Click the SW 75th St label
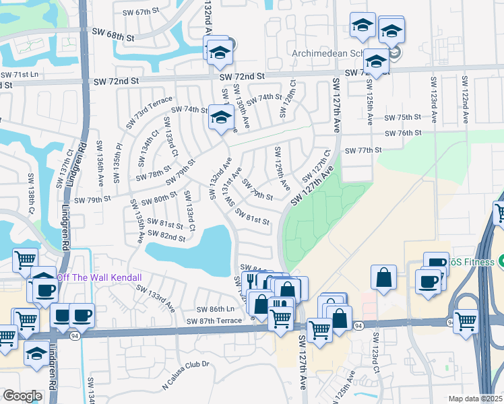point(402,117)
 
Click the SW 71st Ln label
point(20,74)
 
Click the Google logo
point(22,396)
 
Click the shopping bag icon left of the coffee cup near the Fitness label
point(383,278)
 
